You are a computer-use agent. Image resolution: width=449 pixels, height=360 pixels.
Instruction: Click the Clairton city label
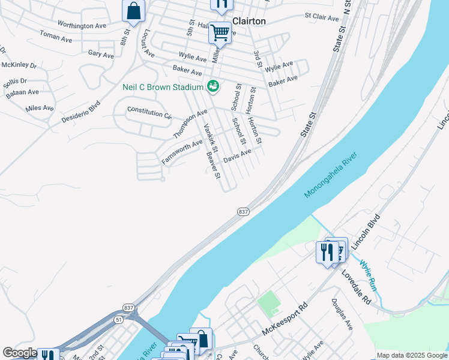(x=249, y=20)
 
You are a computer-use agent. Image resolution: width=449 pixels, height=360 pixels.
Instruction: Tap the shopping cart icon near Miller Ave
(x=220, y=32)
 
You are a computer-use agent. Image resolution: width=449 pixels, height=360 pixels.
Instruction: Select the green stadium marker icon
(x=212, y=88)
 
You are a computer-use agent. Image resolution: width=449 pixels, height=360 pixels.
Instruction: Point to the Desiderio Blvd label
(x=80, y=112)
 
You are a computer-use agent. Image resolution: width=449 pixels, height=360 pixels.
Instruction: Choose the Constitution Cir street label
(x=149, y=113)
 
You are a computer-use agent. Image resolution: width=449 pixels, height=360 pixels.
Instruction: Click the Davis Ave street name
(x=237, y=155)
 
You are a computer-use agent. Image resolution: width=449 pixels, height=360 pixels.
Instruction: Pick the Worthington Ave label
(x=82, y=25)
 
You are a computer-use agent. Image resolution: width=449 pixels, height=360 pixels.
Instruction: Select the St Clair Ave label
(x=322, y=17)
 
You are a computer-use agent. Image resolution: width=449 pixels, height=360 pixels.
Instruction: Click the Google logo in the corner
(x=20, y=353)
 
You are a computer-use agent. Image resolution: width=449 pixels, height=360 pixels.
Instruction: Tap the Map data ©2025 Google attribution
(x=411, y=355)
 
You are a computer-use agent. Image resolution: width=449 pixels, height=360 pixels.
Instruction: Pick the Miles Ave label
(x=40, y=108)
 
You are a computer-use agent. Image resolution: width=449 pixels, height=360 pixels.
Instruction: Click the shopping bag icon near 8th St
(x=133, y=11)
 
